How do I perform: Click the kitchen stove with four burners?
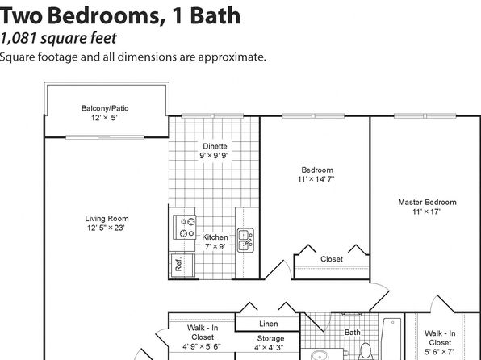pos(184,227)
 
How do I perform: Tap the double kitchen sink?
pos(245,241)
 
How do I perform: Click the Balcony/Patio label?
pos(105,108)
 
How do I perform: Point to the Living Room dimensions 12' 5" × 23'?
pos(106,228)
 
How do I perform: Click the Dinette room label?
pos(215,146)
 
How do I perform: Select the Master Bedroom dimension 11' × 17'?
pos(426,211)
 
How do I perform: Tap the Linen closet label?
pos(269,324)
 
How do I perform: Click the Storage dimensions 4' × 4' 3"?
pos(269,348)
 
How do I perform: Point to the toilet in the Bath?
pos(366,352)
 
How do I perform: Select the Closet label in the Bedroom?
pos(332,259)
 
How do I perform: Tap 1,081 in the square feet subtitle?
pos(18,39)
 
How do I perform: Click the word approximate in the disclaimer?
pos(232,57)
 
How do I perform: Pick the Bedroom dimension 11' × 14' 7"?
pos(316,179)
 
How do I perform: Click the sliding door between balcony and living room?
pos(105,137)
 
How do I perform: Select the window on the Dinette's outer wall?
pos(212,115)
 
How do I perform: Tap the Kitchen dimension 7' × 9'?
pos(215,246)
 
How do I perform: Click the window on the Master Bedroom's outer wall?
pos(425,115)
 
